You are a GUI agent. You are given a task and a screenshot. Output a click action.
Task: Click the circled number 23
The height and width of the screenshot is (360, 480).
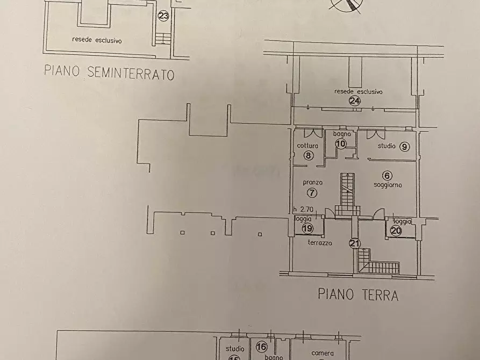tap(163, 16)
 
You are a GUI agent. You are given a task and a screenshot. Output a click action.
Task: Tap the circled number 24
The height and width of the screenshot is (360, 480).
tap(354, 100)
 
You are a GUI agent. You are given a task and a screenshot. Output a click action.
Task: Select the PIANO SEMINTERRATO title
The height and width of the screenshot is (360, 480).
tap(110, 73)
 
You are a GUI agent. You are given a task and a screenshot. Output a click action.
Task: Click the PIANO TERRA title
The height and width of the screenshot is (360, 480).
tap(358, 294)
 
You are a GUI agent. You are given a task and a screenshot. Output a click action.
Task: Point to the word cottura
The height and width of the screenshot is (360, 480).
tap(307, 146)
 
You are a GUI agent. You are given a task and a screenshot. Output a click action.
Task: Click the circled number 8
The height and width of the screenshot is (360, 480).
tap(308, 156)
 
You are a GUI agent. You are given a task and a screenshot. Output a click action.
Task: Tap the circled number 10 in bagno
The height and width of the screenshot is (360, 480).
tap(341, 143)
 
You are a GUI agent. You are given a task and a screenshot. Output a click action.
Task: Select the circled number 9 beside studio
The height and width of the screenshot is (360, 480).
tap(405, 146)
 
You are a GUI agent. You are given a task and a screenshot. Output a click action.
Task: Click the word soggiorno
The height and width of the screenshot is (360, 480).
tap(388, 185)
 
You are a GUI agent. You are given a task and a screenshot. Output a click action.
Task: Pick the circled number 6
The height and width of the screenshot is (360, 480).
tap(387, 175)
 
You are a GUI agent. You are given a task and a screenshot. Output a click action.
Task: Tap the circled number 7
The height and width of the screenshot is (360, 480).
tap(310, 192)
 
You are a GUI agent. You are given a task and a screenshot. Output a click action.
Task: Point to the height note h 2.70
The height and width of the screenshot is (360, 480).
tap(303, 210)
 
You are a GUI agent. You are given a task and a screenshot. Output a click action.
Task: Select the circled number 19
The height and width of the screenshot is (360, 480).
tap(307, 228)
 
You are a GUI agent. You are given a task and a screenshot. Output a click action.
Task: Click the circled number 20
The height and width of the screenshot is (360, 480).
tap(396, 231)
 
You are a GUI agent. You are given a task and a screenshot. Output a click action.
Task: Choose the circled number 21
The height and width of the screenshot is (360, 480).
tap(354, 243)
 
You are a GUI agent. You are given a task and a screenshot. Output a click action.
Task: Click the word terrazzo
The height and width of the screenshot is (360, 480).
tap(320, 243)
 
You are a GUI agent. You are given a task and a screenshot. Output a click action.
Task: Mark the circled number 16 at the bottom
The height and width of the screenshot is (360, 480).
tap(262, 347)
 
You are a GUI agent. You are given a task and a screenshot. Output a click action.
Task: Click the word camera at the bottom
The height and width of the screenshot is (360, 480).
tap(323, 353)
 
